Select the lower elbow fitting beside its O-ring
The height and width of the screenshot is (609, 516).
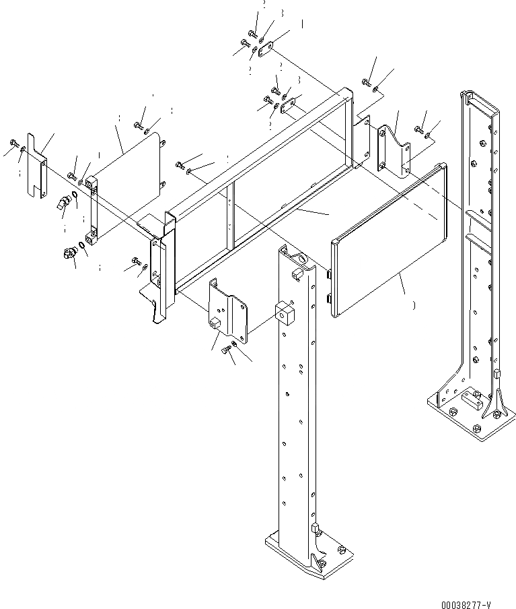(68, 254)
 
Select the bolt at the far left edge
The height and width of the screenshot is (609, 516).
(15, 143)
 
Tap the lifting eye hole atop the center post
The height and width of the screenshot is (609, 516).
(297, 257)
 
